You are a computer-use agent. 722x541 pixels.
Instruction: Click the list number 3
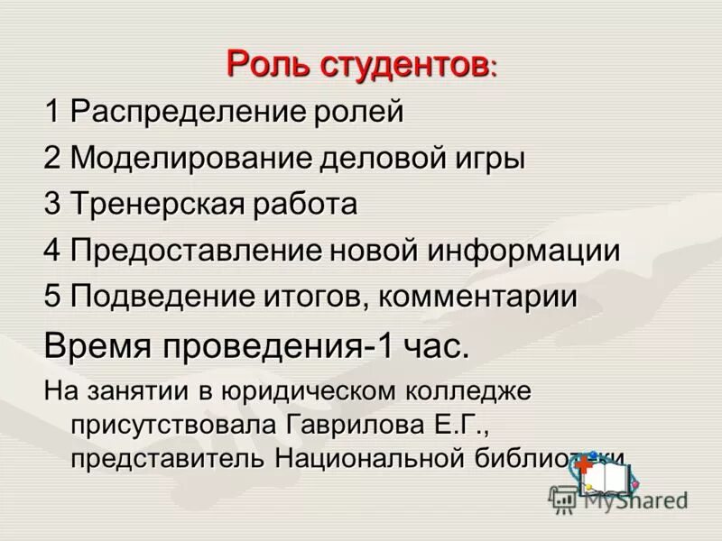click(x=51, y=205)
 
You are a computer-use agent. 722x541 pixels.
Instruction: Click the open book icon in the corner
click(x=614, y=476)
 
